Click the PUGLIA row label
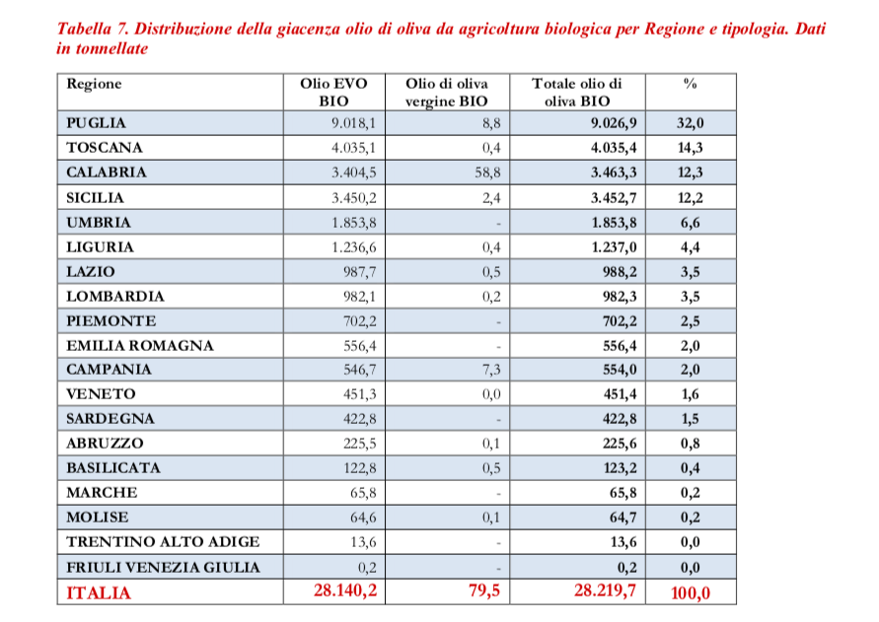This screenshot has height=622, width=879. click(x=97, y=123)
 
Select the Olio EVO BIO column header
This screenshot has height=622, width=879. click(x=333, y=92)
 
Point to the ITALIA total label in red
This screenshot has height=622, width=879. click(x=99, y=592)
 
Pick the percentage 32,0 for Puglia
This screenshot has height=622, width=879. click(x=691, y=123)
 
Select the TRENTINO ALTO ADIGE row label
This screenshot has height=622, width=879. click(x=164, y=542)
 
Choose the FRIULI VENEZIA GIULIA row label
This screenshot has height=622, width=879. click(x=164, y=567)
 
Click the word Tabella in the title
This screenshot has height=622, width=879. click(x=91, y=28)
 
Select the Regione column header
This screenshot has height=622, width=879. click(x=94, y=85)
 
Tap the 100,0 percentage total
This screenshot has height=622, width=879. click(x=690, y=592)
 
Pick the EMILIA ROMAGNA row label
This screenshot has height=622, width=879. click(x=140, y=345)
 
